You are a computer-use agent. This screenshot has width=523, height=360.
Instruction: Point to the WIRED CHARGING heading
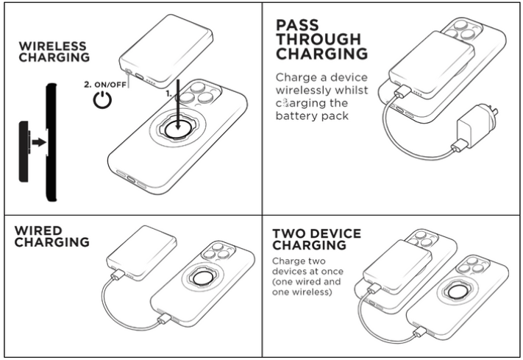coord(51,237)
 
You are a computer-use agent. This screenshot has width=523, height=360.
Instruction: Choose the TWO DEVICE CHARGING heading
coord(316,239)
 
